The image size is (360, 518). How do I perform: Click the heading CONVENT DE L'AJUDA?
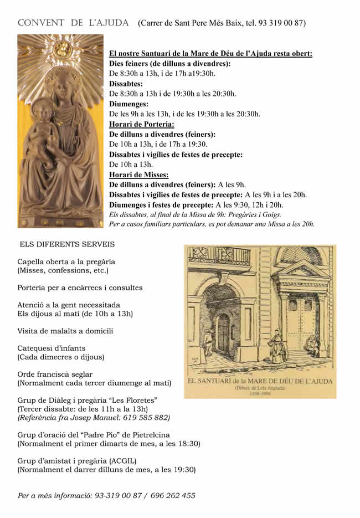tap(73, 23)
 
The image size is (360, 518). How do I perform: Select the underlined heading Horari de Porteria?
tap(142, 124)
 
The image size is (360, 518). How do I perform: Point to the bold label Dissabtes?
tap(126, 84)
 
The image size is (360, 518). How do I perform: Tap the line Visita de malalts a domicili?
tap(65, 331)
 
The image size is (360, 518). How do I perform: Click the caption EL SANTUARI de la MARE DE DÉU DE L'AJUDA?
tap(260, 382)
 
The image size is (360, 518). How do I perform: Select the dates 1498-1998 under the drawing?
tap(260, 394)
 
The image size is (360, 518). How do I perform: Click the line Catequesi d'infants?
tap(52, 348)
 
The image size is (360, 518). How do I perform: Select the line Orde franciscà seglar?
tap(55, 374)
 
